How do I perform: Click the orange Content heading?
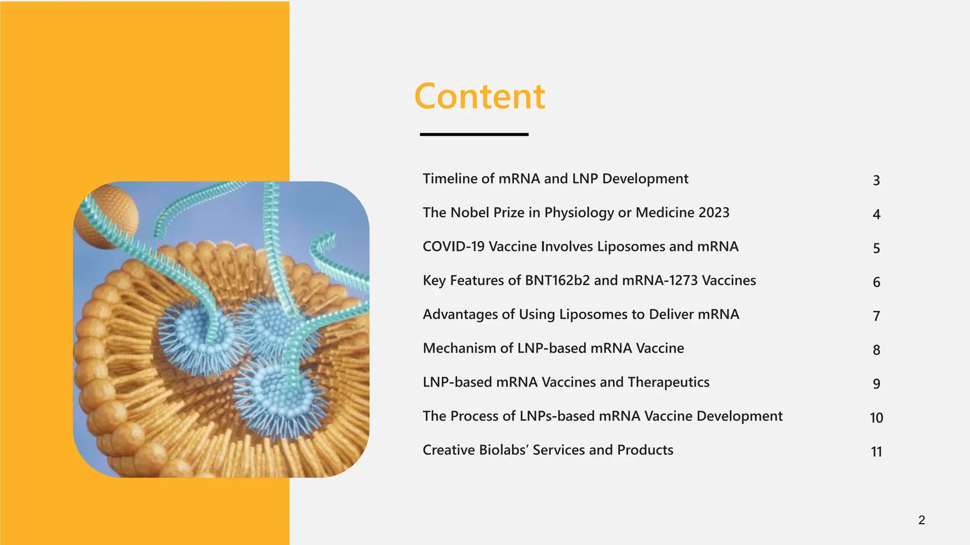click(x=479, y=96)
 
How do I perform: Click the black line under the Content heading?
click(x=474, y=134)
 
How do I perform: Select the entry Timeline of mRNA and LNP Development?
click(x=555, y=179)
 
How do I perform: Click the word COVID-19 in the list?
click(x=453, y=246)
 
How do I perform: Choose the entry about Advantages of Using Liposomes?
click(x=581, y=315)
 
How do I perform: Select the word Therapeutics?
click(x=668, y=382)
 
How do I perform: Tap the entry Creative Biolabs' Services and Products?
click(x=548, y=450)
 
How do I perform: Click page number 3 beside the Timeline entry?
click(x=876, y=180)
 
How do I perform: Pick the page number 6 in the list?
click(x=876, y=282)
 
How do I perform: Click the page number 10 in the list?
click(x=876, y=418)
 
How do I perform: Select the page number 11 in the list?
click(x=876, y=452)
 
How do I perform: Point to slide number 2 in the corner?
click(x=921, y=520)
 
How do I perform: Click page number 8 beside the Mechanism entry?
click(x=876, y=350)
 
